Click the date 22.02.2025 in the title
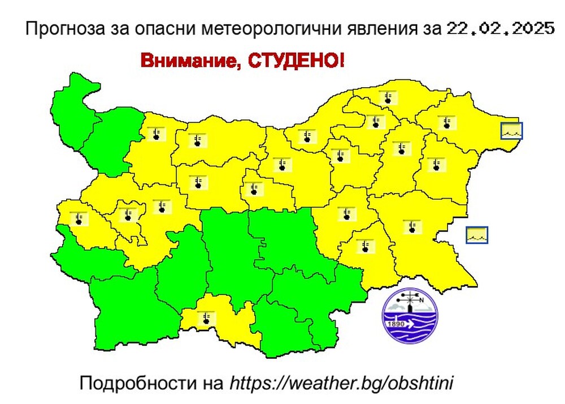point(500,29)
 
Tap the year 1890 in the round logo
point(394,324)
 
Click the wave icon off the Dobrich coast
point(512,131)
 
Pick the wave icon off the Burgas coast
point(477,235)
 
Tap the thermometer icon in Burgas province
point(413,226)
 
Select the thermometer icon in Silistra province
point(388,97)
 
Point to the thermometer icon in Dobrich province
point(447,122)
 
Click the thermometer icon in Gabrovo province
point(253,188)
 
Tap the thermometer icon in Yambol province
point(366,245)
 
